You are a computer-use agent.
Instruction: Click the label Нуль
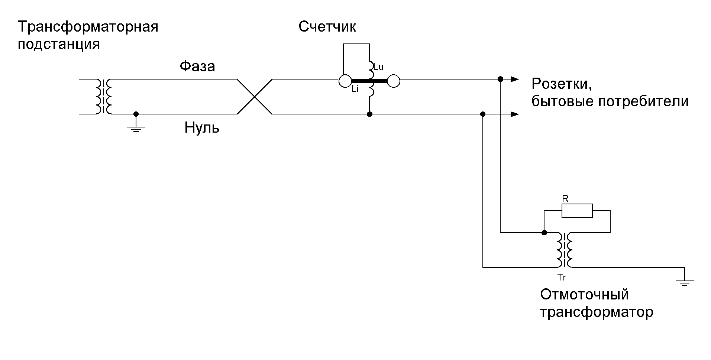[202, 128]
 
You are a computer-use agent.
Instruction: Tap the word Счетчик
[327, 27]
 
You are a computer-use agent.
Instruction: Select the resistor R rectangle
[577, 211]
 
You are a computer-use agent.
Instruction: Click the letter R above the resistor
[565, 199]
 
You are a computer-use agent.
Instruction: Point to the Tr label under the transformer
[562, 277]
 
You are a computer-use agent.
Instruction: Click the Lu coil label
[378, 67]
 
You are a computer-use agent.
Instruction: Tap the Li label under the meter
[355, 90]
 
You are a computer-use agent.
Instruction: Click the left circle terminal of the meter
[345, 81]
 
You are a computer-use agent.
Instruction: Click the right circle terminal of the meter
[394, 81]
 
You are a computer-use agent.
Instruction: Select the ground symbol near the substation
[136, 129]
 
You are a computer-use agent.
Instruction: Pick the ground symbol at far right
[684, 282]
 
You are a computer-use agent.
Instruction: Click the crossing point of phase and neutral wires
[255, 97]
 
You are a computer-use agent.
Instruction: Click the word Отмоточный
[584, 295]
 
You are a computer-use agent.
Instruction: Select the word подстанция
[59, 45]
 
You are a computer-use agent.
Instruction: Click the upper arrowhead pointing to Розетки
[514, 79]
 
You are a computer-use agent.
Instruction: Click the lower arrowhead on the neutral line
[514, 114]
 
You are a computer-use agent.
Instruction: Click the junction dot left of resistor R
[544, 233]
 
